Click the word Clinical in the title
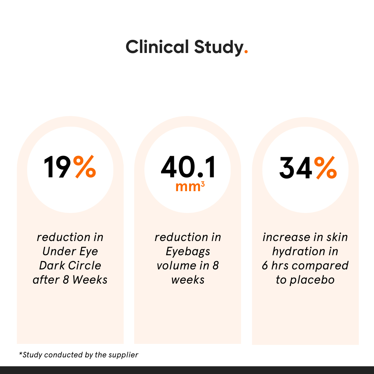click(157, 47)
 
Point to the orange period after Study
click(246, 52)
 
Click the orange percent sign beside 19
click(84, 167)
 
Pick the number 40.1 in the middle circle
click(188, 168)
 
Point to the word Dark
click(52, 266)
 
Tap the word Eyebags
click(188, 252)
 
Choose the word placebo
click(312, 280)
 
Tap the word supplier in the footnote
click(125, 355)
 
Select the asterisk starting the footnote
click(20, 354)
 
